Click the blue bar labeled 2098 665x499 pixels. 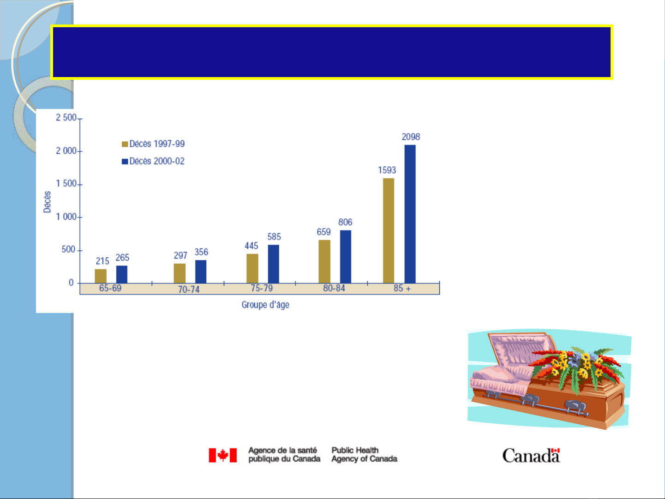tap(410, 214)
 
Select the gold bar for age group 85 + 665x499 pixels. tap(389, 230)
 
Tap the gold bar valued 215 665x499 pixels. tap(101, 276)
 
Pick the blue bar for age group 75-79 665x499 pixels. tap(273, 264)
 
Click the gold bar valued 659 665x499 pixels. tap(324, 261)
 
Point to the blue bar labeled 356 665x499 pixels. tap(201, 271)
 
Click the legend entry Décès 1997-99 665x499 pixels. tap(153, 144)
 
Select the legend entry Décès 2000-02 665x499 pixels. tap(153, 161)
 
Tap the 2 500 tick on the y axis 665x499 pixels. tap(66, 118)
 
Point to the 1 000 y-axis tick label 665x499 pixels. tap(66, 217)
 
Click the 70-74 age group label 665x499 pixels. tap(189, 289)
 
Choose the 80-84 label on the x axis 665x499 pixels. tap(334, 288)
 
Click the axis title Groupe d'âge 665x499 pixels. tap(265, 305)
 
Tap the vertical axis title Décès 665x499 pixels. tap(47, 202)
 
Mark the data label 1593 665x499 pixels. tap(387, 170)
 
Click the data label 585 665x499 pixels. tap(274, 237)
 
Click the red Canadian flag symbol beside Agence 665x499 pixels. tap(223, 455)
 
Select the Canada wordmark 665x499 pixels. tap(531, 455)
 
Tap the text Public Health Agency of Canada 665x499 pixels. tap(364, 455)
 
